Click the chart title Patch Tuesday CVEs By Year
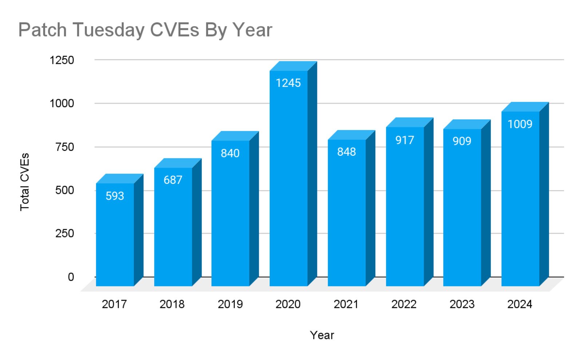[x=145, y=30]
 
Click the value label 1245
[x=288, y=83]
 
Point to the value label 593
[x=115, y=196]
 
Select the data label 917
[x=405, y=140]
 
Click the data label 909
[x=462, y=141]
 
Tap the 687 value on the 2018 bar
[x=173, y=180]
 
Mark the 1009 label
[x=520, y=124]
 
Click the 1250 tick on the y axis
[x=62, y=60]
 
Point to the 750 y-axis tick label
[x=64, y=147]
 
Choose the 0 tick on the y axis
[x=71, y=277]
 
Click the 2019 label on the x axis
[x=230, y=304]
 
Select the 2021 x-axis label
[x=346, y=304]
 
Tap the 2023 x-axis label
[x=462, y=304]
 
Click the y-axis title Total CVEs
[x=24, y=182]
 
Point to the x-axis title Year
[x=322, y=335]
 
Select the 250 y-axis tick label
[x=64, y=233]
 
